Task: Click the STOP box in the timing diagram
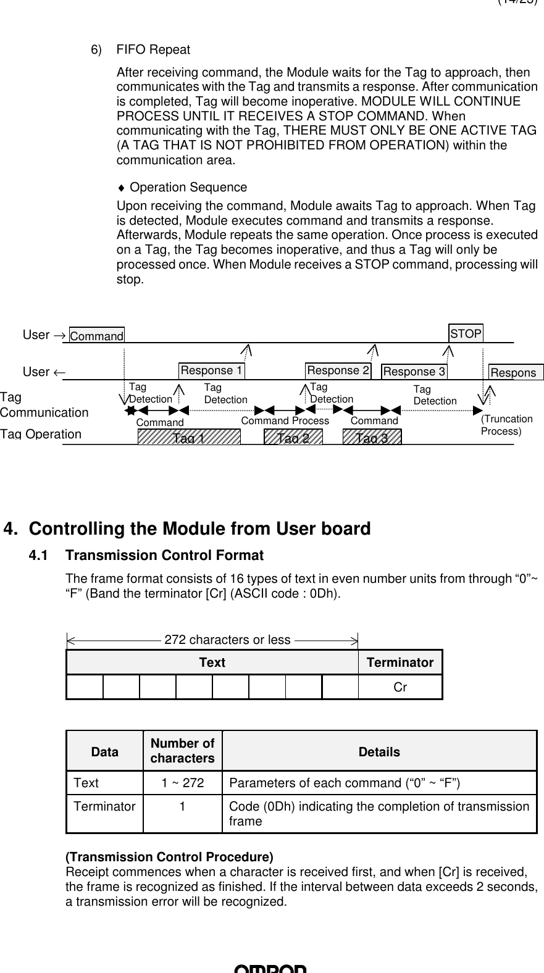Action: click(466, 334)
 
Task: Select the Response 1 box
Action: click(211, 370)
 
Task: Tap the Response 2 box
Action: click(338, 370)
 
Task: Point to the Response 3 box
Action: click(414, 372)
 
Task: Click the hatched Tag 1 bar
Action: click(189, 437)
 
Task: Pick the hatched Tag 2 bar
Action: click(293, 437)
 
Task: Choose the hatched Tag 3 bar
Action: click(372, 437)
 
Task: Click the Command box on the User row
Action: click(97, 336)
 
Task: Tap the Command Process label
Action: click(285, 420)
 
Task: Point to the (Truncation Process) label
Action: click(506, 425)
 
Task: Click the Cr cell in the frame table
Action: click(400, 687)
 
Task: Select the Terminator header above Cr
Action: click(400, 662)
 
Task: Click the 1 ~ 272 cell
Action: click(183, 783)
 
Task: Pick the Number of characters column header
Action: click(183, 751)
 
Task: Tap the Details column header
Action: click(379, 752)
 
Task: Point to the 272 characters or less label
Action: click(227, 640)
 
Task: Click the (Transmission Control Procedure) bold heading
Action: click(169, 857)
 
